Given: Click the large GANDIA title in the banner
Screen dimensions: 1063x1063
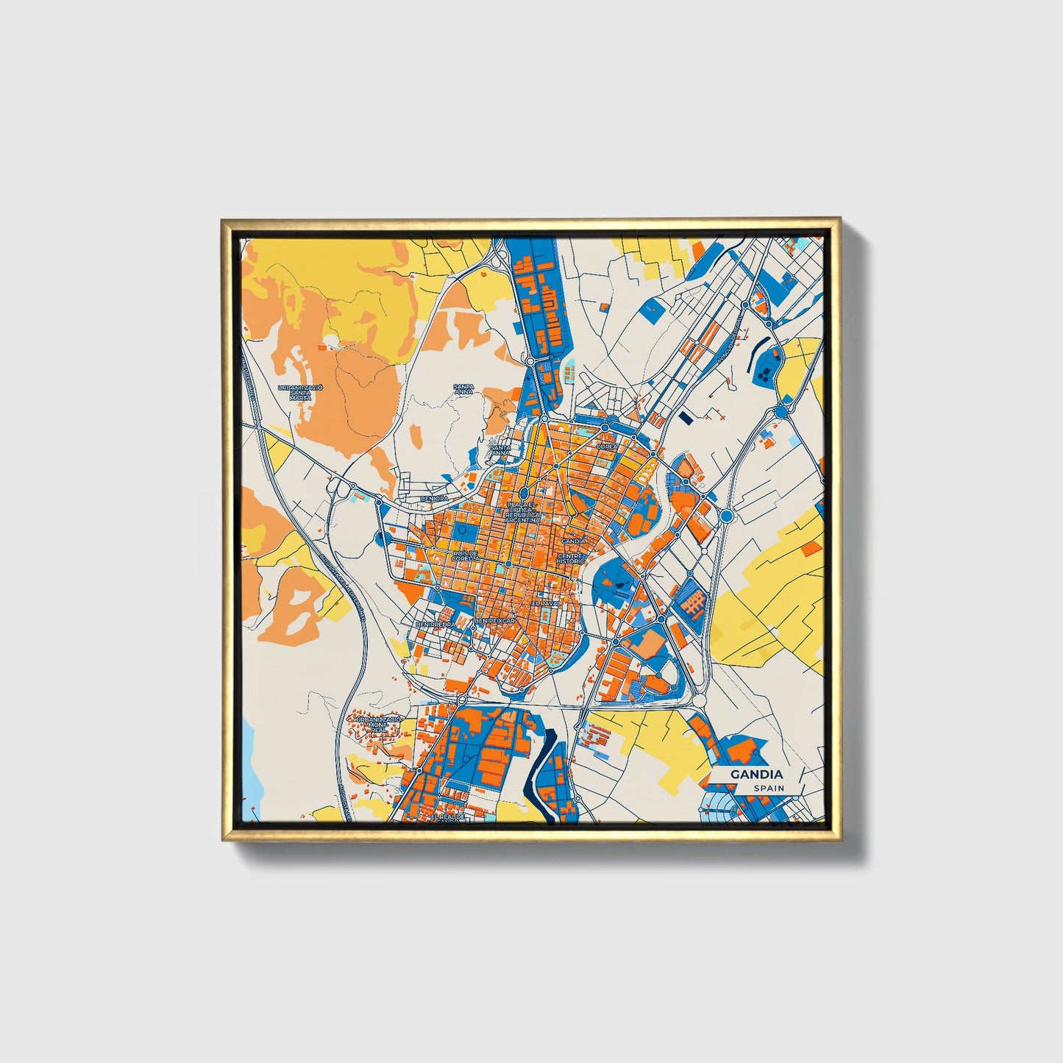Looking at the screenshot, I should pos(756,775).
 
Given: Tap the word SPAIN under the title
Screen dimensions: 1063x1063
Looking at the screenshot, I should pos(768,788).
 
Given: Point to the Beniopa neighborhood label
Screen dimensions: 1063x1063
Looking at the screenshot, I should pos(434,498).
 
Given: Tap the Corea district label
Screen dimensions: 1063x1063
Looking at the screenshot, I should pos(608,446).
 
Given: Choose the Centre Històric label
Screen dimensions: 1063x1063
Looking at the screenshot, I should pos(571,558).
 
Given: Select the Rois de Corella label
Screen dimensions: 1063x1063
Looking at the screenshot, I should pos(466,555).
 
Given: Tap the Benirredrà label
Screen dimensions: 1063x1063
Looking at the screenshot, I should pos(433,624).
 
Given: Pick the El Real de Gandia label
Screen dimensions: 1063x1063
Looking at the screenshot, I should pos(449,819).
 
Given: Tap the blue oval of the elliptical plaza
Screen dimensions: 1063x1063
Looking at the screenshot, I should pos(524,494).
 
